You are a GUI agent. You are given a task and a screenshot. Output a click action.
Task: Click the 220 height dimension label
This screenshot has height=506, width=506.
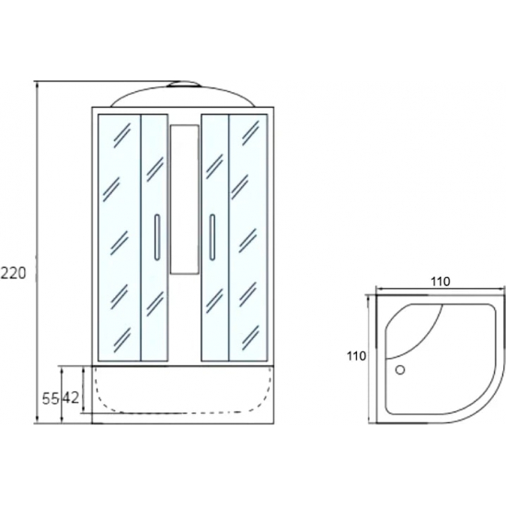pos(13,273)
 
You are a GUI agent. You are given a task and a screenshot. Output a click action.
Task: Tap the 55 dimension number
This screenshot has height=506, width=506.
pos(51,399)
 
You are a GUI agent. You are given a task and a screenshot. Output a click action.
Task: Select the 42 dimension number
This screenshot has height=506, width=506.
pos(70,399)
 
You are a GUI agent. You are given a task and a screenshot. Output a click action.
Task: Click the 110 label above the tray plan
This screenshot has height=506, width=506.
pos(440,282)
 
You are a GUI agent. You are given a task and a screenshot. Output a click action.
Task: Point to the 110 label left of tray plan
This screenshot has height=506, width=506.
pos(357,356)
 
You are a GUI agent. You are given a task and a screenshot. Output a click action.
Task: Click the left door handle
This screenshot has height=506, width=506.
pos(156,236)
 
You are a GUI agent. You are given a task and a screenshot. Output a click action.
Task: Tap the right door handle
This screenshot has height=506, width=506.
pos(212,236)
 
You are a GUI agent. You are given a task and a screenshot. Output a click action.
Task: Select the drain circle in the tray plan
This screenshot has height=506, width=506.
pos(400,370)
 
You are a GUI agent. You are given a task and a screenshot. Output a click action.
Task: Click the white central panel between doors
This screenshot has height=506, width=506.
pos(184,200)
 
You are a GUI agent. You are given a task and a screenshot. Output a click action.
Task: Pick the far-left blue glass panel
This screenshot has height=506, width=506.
pos(120,237)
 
